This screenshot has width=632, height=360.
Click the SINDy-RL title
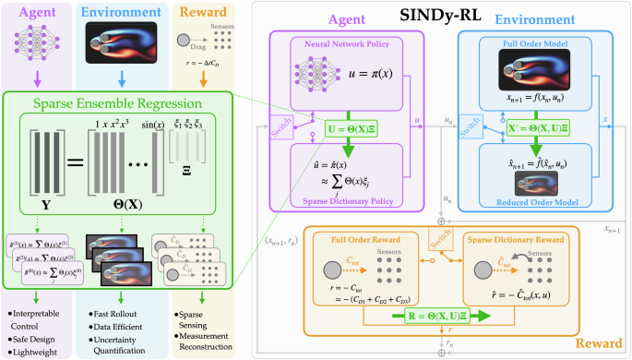coord(440,15)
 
